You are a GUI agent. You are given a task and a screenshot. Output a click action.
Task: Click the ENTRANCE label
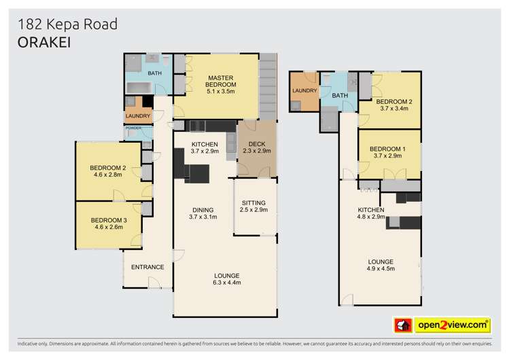tap(147, 267)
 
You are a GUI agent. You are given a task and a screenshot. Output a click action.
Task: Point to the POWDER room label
tap(133, 128)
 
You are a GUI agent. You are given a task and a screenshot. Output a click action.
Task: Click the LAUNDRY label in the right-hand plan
tap(304, 90)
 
